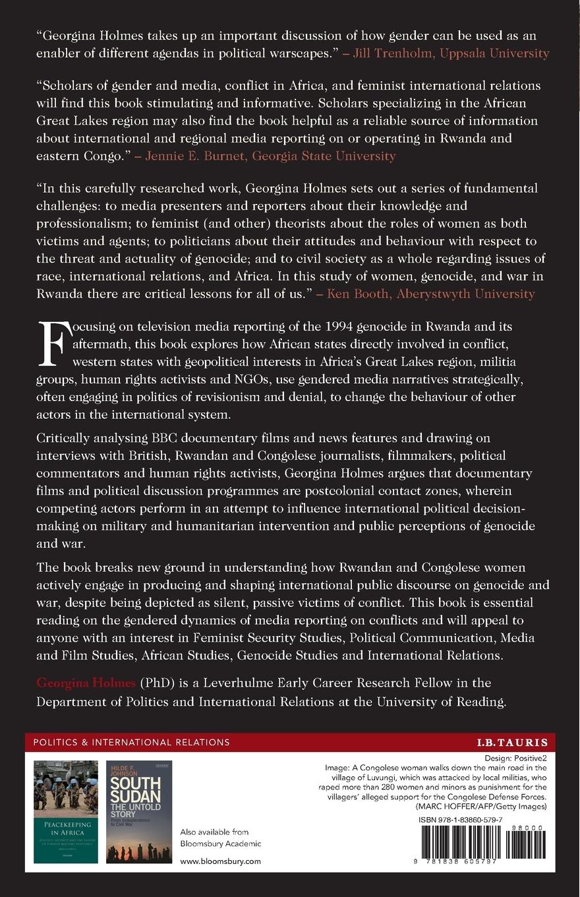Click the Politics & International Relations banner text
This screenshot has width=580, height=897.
coord(131,742)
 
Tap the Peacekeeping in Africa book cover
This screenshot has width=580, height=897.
coord(66,811)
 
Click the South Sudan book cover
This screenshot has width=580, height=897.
coord(139,811)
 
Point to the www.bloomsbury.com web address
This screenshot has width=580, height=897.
coord(220,861)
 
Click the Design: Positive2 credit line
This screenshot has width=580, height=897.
coord(520,758)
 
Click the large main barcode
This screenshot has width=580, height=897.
coord(459,842)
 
